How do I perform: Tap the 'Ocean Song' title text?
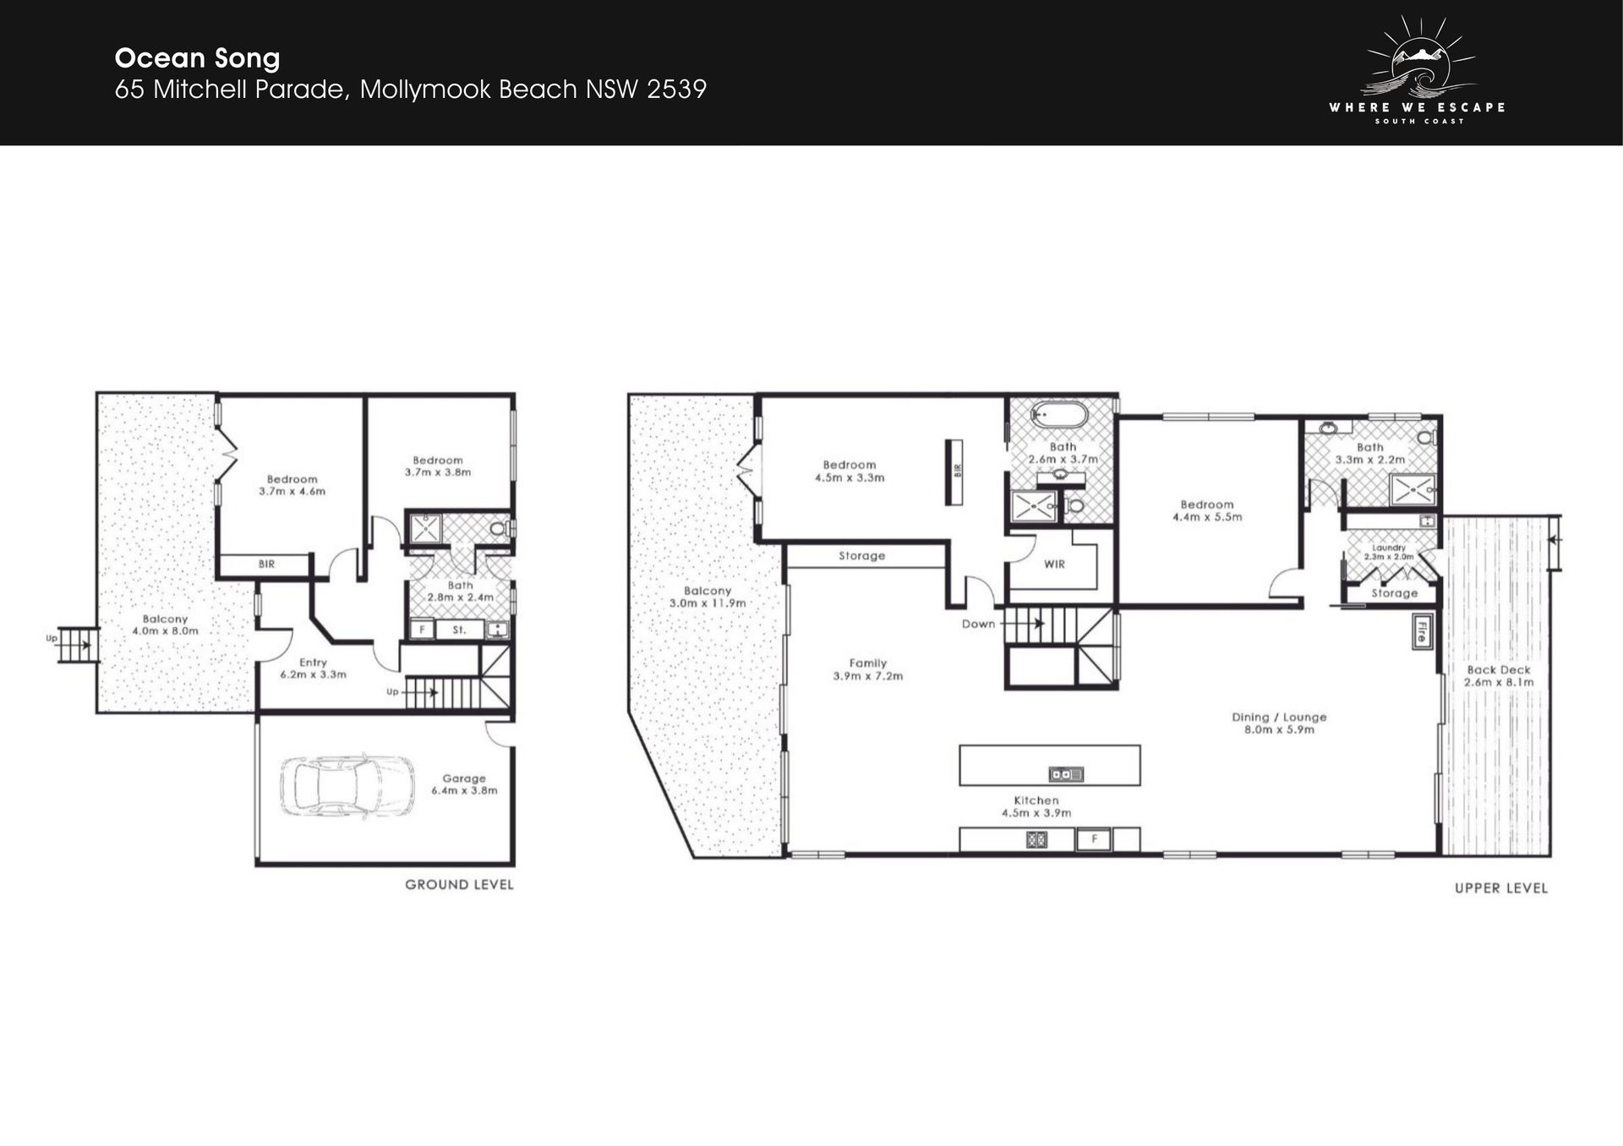point(197,58)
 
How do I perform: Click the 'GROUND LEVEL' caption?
point(459,885)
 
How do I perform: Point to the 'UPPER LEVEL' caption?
point(1501,888)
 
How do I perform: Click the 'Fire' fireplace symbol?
point(1420,631)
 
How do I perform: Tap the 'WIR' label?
point(1054,565)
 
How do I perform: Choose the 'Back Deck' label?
point(1499,670)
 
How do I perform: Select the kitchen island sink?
point(1066,773)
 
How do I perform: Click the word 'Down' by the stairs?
point(978,624)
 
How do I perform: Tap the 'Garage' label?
point(464,778)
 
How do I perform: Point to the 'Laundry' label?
point(1389,548)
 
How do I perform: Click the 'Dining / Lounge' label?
point(1279,717)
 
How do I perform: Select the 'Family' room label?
point(868,663)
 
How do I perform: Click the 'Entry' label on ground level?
point(313,663)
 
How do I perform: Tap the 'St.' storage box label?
point(459,630)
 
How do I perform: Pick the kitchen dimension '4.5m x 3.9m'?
point(1036,813)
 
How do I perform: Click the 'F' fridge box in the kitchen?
point(1094,839)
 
